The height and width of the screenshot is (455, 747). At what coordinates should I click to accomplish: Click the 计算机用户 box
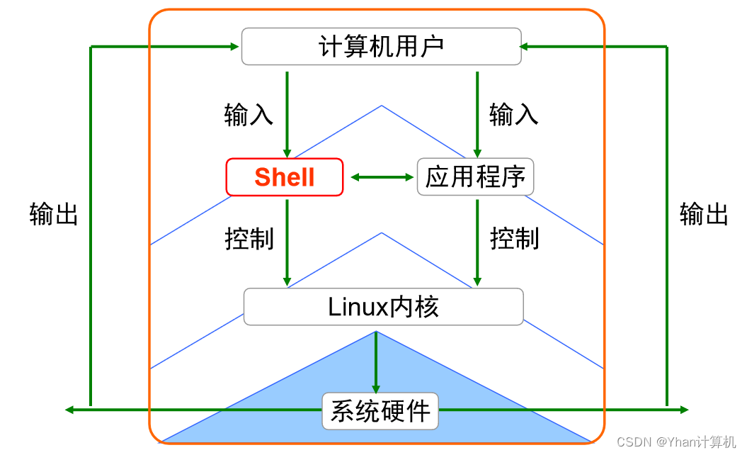(381, 47)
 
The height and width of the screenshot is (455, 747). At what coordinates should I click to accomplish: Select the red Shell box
(284, 177)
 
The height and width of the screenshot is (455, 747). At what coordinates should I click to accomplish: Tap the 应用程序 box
(475, 177)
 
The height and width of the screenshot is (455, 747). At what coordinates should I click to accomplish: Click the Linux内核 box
(383, 307)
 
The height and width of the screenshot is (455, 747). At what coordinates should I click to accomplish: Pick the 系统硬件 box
(380, 411)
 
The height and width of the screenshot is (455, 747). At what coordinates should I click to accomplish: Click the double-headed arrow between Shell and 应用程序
(382, 177)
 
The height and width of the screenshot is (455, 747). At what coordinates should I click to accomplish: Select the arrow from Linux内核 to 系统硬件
(376, 361)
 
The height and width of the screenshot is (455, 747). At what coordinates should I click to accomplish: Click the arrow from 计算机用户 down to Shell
(287, 113)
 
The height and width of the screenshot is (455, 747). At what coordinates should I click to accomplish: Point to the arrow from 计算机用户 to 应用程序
(477, 113)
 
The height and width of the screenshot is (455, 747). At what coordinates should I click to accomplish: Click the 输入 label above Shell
(249, 114)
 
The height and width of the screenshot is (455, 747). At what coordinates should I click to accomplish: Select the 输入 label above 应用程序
(514, 114)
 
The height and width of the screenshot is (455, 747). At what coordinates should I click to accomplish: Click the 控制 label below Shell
(249, 238)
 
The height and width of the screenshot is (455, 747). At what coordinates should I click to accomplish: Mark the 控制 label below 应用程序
(515, 238)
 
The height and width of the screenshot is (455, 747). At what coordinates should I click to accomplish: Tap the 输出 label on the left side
(54, 213)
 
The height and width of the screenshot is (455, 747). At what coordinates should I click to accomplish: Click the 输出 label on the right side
(704, 213)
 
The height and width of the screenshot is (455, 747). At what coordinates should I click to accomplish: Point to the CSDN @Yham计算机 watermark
(676, 442)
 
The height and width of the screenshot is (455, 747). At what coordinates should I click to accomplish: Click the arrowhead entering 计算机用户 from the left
(234, 47)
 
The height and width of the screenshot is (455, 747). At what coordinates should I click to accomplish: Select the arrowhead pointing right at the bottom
(683, 410)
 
